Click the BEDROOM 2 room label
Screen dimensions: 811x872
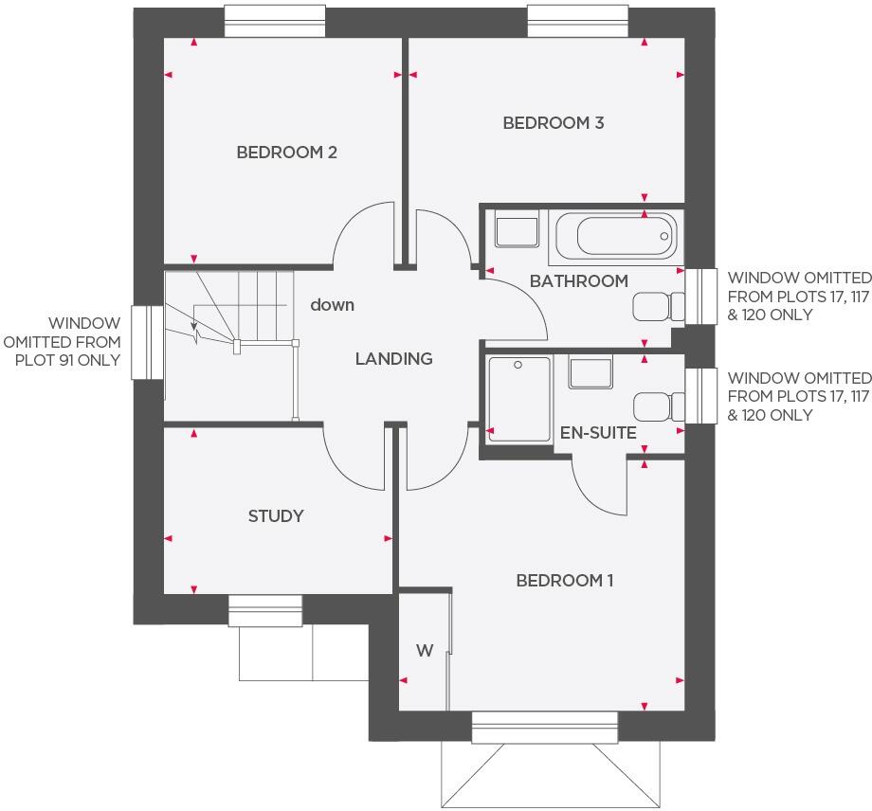pyautogui.click(x=286, y=153)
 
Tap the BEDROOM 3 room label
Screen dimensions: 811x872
pyautogui.click(x=554, y=123)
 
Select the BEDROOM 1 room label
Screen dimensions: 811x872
pyautogui.click(x=564, y=580)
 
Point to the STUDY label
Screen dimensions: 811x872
pyautogui.click(x=276, y=516)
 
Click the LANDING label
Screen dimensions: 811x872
pyautogui.click(x=393, y=359)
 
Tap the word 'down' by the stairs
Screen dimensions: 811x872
pyautogui.click(x=333, y=305)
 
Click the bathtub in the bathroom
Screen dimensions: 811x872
pyautogui.click(x=614, y=237)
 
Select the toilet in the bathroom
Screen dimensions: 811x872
pyautogui.click(x=658, y=306)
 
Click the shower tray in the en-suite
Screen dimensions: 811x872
pyautogui.click(x=518, y=398)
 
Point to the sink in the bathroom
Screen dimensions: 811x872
pyautogui.click(x=517, y=230)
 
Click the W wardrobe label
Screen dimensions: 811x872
pyautogui.click(x=425, y=651)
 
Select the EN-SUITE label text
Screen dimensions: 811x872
pyautogui.click(x=598, y=433)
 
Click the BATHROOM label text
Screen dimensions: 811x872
pyautogui.click(x=578, y=281)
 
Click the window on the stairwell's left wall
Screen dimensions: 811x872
pyautogui.click(x=148, y=341)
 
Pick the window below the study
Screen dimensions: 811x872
pyautogui.click(x=265, y=611)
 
